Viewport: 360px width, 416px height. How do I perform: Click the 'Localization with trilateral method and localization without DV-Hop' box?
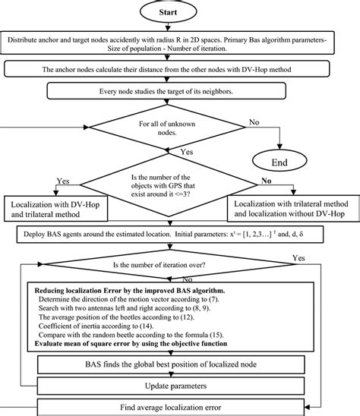pyautogui.click(x=289, y=210)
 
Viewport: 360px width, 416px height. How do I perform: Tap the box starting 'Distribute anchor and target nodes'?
pyautogui.click(x=179, y=44)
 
